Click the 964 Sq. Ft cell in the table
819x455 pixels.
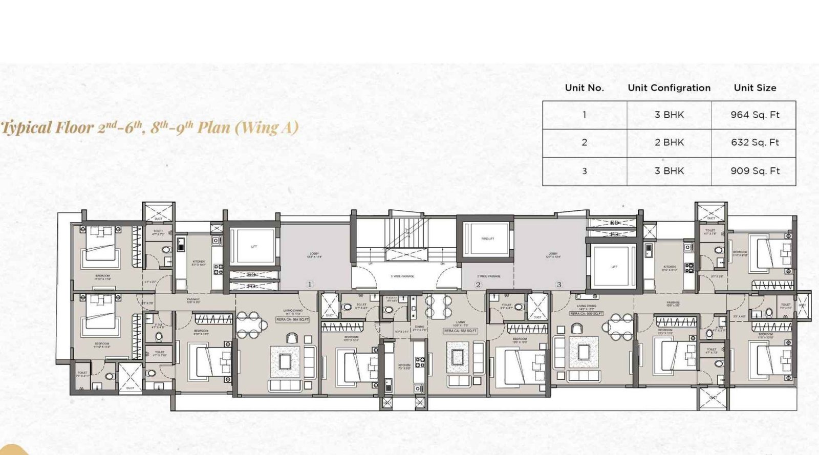pyautogui.click(x=755, y=115)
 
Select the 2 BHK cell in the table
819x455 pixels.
pyautogui.click(x=669, y=143)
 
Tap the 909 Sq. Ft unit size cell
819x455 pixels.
pyautogui.click(x=755, y=171)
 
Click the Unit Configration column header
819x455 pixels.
pyautogui.click(x=669, y=88)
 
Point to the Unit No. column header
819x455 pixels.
pyautogui.click(x=584, y=88)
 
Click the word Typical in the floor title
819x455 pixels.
pyautogui.click(x=26, y=127)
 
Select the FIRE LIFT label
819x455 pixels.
pyautogui.click(x=487, y=239)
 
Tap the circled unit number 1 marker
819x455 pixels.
pyautogui.click(x=309, y=284)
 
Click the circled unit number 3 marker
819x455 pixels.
pyautogui.click(x=558, y=284)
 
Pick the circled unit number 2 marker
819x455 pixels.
pyautogui.click(x=478, y=284)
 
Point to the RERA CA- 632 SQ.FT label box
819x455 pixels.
pyautogui.click(x=461, y=331)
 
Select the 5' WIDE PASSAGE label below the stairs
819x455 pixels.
pyautogui.click(x=403, y=276)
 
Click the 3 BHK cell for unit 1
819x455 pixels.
pyautogui.click(x=669, y=115)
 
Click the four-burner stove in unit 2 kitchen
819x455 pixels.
pyautogui.click(x=420, y=362)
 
